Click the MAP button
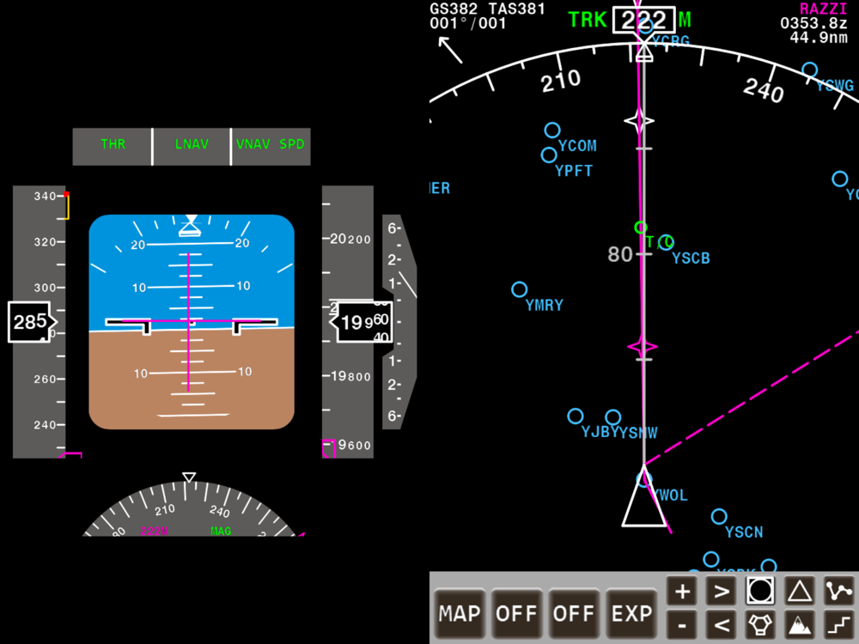click(x=460, y=613)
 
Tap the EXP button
click(x=632, y=613)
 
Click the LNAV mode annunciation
click(x=192, y=144)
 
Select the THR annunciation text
click(x=113, y=144)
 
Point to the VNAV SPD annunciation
click(x=272, y=144)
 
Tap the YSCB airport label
click(x=691, y=258)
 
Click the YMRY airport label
click(x=544, y=305)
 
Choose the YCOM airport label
click(x=577, y=146)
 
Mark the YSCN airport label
click(x=744, y=532)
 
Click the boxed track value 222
click(x=643, y=21)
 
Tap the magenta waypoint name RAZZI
click(x=824, y=9)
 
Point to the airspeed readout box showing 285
click(x=29, y=322)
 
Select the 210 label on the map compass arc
click(x=561, y=81)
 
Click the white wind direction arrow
click(x=450, y=50)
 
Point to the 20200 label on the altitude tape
click(x=350, y=239)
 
